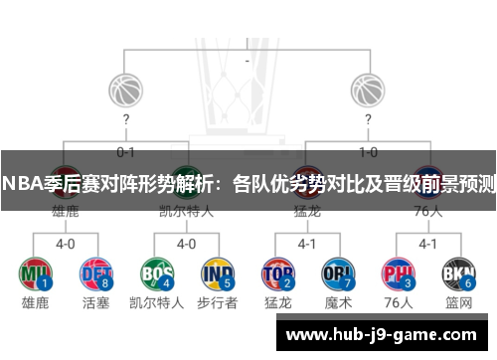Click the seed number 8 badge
(106, 284)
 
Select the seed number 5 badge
(228, 284)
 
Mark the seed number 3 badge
(409, 284)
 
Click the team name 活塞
(95, 303)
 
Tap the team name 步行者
(217, 303)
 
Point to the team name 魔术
(338, 303)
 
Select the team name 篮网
(458, 303)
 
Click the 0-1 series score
(125, 152)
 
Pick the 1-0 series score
(368, 152)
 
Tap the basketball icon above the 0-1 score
(125, 90)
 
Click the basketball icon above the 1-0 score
(368, 90)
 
